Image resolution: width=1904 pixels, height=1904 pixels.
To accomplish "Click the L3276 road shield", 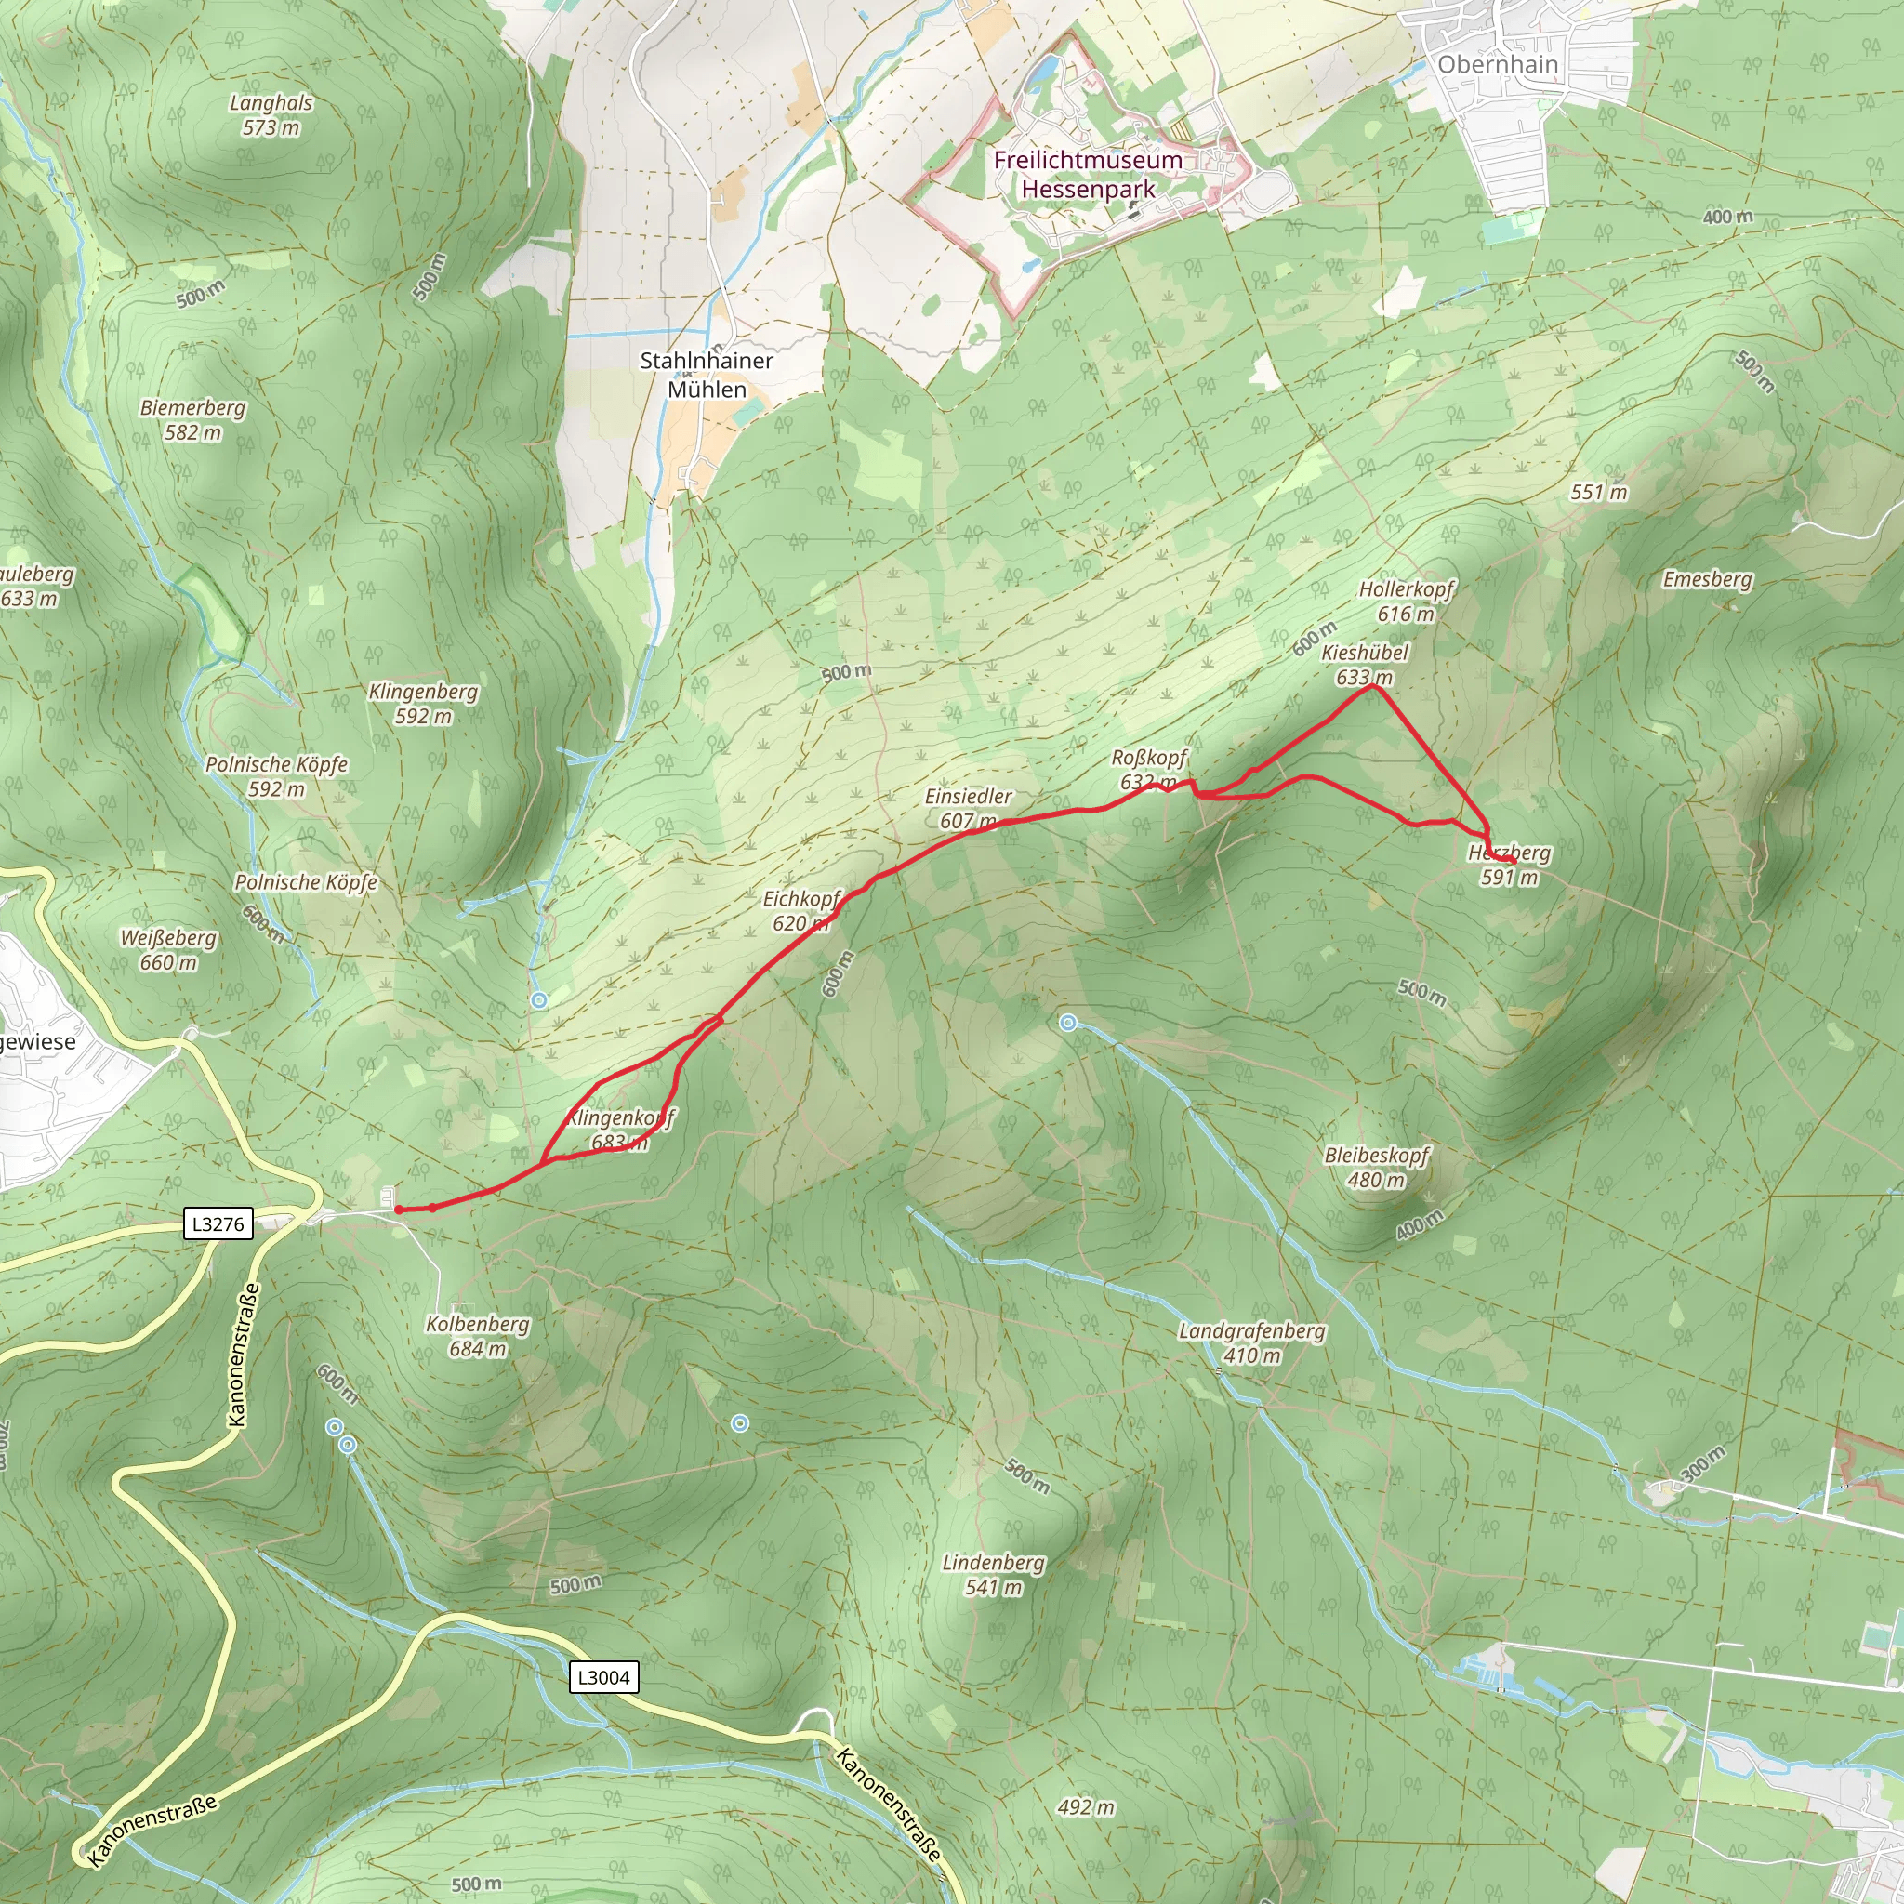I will coord(218,1224).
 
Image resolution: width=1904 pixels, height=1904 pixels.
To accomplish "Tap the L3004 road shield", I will coord(603,1677).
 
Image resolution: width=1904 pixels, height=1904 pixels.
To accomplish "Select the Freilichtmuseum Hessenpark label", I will coord(1087,174).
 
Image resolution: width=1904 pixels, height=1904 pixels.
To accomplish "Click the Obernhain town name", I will coord(1497,64).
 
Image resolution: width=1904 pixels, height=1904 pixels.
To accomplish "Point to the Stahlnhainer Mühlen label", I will coord(707,375).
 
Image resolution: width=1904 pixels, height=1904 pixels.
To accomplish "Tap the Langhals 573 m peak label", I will coord(271,114).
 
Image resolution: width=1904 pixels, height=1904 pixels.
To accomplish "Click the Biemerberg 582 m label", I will coord(193,419).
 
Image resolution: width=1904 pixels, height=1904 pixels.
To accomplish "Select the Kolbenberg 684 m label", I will coord(478,1336).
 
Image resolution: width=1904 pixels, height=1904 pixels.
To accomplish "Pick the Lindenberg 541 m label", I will coord(994,1574).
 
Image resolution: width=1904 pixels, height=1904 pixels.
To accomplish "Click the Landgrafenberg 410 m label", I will coord(1251,1342).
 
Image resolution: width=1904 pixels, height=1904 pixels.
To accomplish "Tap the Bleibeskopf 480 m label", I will coord(1376,1167).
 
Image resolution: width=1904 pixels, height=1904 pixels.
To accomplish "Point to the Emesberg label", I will coord(1707,579).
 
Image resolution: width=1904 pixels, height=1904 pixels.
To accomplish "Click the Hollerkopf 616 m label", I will coord(1407,602).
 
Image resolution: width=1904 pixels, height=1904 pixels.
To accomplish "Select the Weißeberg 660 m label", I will coord(168,950).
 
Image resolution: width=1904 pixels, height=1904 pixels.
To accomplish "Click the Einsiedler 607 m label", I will coord(968,807).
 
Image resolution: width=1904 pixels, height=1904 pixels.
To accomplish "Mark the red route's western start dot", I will coord(398,1210).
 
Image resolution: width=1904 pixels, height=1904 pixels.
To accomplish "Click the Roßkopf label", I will coord(1149,758).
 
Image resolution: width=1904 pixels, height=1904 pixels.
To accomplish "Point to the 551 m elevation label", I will coord(1598,492).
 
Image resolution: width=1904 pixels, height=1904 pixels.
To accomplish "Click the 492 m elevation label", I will coord(1086,1807).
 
